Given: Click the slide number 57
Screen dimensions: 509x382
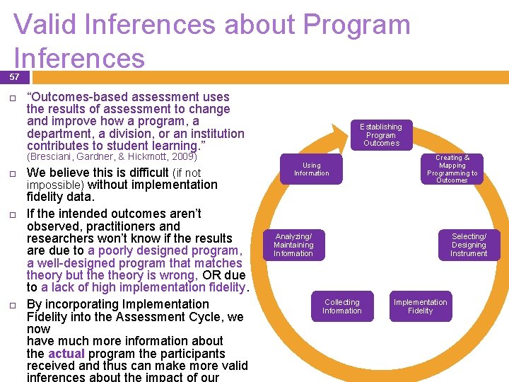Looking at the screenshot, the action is point(14,76).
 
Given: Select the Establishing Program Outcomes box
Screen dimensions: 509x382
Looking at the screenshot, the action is point(381,135).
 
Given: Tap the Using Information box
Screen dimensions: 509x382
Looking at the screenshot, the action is point(312,169).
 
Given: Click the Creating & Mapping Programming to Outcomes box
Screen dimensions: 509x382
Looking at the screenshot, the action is point(452,169).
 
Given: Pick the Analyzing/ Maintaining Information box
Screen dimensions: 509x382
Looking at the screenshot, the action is point(293,245).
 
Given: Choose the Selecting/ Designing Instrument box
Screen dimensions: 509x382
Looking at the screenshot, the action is point(469,245).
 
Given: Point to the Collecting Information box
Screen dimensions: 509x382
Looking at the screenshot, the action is point(342,306).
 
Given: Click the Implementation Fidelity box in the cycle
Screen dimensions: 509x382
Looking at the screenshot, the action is point(421,306).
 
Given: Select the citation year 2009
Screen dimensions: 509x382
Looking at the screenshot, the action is point(182,156).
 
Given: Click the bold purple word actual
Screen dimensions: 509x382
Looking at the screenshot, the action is point(65,353).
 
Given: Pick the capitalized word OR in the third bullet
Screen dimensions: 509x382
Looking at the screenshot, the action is point(211,275).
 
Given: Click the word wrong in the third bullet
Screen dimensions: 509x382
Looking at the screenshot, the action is point(180,275).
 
